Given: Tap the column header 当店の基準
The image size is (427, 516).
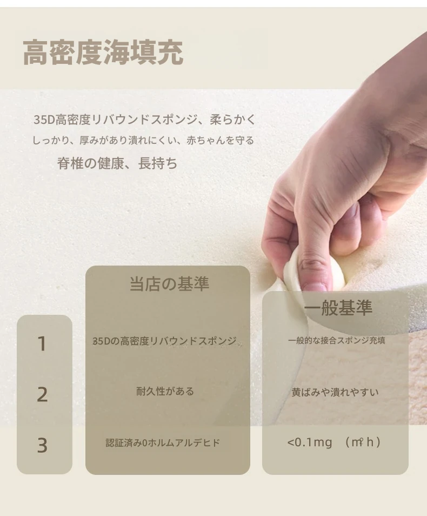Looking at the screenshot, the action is click(169, 283).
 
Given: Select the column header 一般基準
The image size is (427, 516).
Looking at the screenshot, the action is click(338, 308).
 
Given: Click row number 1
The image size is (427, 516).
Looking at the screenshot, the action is click(42, 344).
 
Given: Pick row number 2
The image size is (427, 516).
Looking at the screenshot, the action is click(42, 394).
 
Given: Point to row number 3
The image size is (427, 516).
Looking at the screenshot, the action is click(42, 446).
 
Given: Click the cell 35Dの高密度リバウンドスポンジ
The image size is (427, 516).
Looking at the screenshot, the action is click(164, 341).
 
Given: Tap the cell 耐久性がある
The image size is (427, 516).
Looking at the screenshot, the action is click(165, 391).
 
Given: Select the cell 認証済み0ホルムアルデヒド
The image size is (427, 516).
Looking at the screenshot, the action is click(163, 442).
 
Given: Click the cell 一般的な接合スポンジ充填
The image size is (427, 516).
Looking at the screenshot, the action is click(337, 340).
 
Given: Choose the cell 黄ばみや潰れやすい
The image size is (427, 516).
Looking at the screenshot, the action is click(335, 392).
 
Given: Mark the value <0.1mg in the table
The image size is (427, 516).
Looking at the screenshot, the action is click(310, 442).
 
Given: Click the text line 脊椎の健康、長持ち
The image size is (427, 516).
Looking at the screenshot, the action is click(117, 163).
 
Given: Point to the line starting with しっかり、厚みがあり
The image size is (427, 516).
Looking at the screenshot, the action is click(143, 141).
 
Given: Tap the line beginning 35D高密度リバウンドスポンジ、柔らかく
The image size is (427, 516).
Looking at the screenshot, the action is click(144, 120).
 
